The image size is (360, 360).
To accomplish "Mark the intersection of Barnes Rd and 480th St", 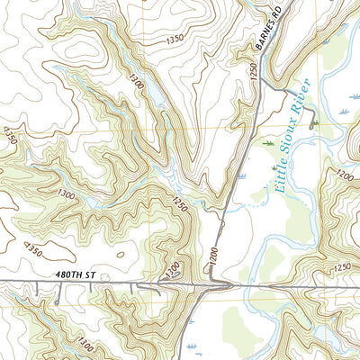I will tap(212, 287).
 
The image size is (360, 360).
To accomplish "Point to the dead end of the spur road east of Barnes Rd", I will tap(312, 125).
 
